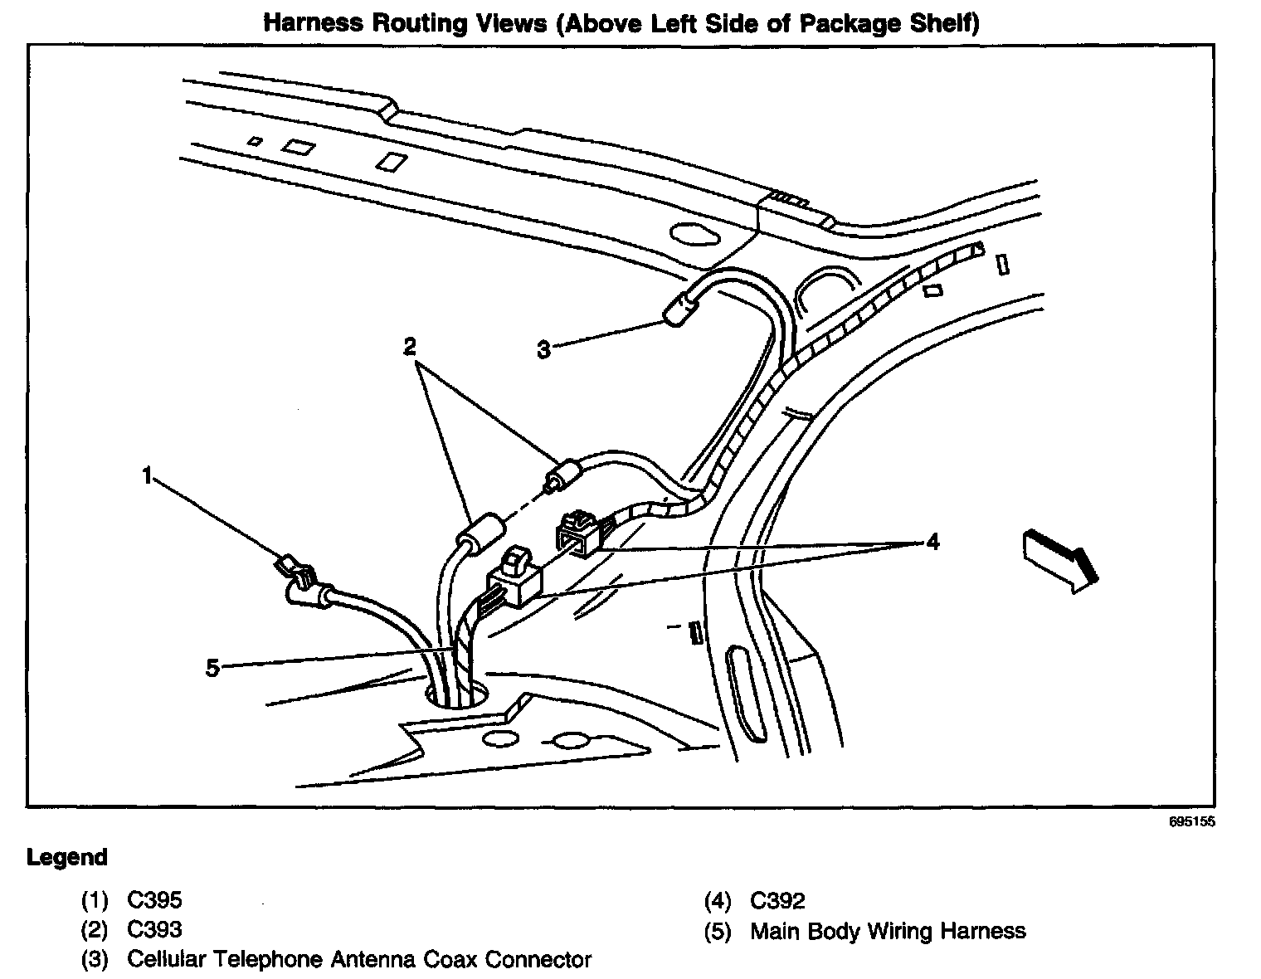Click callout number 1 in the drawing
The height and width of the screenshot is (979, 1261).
pyautogui.click(x=147, y=475)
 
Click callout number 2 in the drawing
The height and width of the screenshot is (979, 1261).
pyautogui.click(x=409, y=347)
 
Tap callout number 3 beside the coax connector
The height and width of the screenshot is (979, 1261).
pyautogui.click(x=543, y=350)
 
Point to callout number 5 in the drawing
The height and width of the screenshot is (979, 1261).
pyautogui.click(x=212, y=667)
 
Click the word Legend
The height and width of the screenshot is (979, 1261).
pyautogui.click(x=67, y=857)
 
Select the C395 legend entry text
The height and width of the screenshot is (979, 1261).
pyautogui.click(x=154, y=900)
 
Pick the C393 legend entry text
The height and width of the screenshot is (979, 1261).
pyautogui.click(x=154, y=930)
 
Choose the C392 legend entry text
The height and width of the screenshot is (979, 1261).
pyautogui.click(x=777, y=900)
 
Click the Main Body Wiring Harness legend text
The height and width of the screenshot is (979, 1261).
pyautogui.click(x=888, y=931)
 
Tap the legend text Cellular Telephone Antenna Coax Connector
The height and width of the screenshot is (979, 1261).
pyautogui.click(x=358, y=960)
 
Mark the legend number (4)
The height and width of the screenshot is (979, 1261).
pyautogui.click(x=718, y=900)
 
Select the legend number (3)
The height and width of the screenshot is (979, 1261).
pyautogui.click(x=95, y=960)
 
